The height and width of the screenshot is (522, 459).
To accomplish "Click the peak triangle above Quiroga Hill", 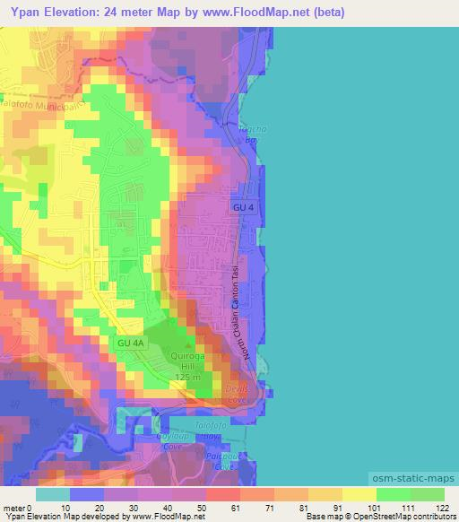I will coord(188,346).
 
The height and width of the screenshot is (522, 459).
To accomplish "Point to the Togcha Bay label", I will coord(247,135).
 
